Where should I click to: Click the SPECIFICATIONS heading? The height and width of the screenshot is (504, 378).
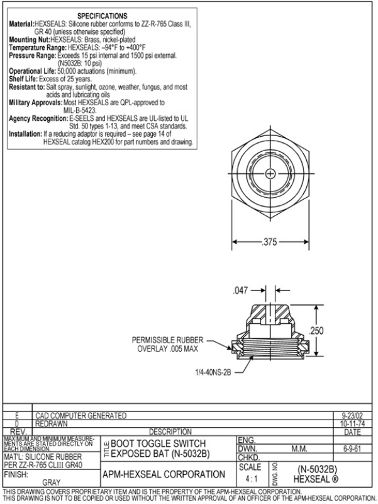click(102, 16)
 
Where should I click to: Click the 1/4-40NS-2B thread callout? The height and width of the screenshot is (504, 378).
click(214, 372)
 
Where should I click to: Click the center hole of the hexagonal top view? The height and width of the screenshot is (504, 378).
click(269, 172)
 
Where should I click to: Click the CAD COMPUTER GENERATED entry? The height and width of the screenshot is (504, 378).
click(80, 415)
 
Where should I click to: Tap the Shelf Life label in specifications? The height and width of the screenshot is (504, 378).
click(23, 79)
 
